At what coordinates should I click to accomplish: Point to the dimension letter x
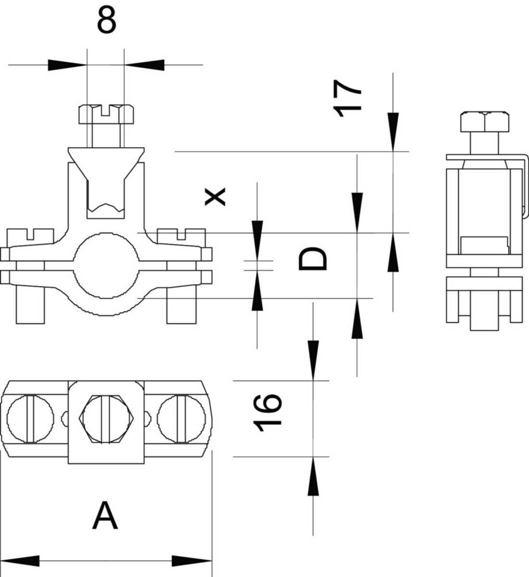[215, 197]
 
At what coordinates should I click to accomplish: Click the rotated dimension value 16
[267, 413]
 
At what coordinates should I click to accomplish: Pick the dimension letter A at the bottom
[105, 515]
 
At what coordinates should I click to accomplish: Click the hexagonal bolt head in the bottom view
[106, 419]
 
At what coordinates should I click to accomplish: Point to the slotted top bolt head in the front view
[106, 113]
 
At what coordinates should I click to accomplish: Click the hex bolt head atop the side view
[485, 121]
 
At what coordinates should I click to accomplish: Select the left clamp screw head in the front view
[30, 236]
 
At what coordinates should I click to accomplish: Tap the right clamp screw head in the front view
[181, 236]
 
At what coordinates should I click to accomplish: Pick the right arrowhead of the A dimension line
[192, 561]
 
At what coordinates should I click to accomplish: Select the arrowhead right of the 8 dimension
[144, 64]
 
